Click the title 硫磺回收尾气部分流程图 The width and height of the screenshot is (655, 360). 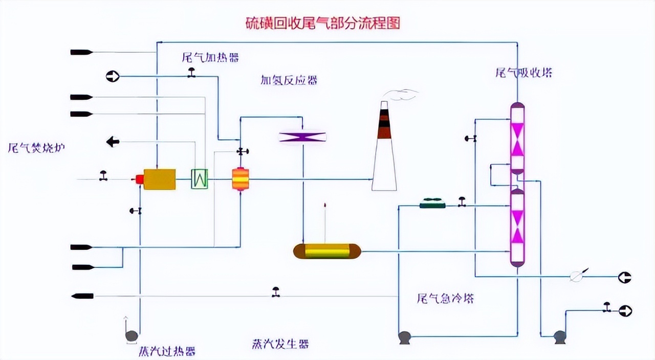point(322,24)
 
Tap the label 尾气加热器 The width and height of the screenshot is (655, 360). point(210,57)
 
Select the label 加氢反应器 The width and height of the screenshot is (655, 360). point(289,80)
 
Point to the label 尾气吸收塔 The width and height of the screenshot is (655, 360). point(523,73)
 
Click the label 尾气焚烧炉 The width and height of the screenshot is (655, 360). point(37,148)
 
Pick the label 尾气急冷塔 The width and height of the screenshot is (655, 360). point(445,299)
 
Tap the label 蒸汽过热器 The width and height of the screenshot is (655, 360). point(167,351)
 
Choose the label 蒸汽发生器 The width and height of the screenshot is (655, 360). point(280,344)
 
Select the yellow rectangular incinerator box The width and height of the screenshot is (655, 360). point(159,179)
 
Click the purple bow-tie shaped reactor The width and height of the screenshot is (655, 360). point(302,137)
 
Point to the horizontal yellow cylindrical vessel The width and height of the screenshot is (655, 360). point(327,251)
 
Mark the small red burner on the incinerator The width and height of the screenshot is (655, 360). point(139,179)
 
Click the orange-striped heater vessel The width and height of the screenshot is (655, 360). point(240,179)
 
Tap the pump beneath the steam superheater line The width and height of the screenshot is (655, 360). point(132,335)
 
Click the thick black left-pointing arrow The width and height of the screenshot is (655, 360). point(113,142)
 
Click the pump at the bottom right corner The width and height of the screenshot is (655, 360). point(560,336)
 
